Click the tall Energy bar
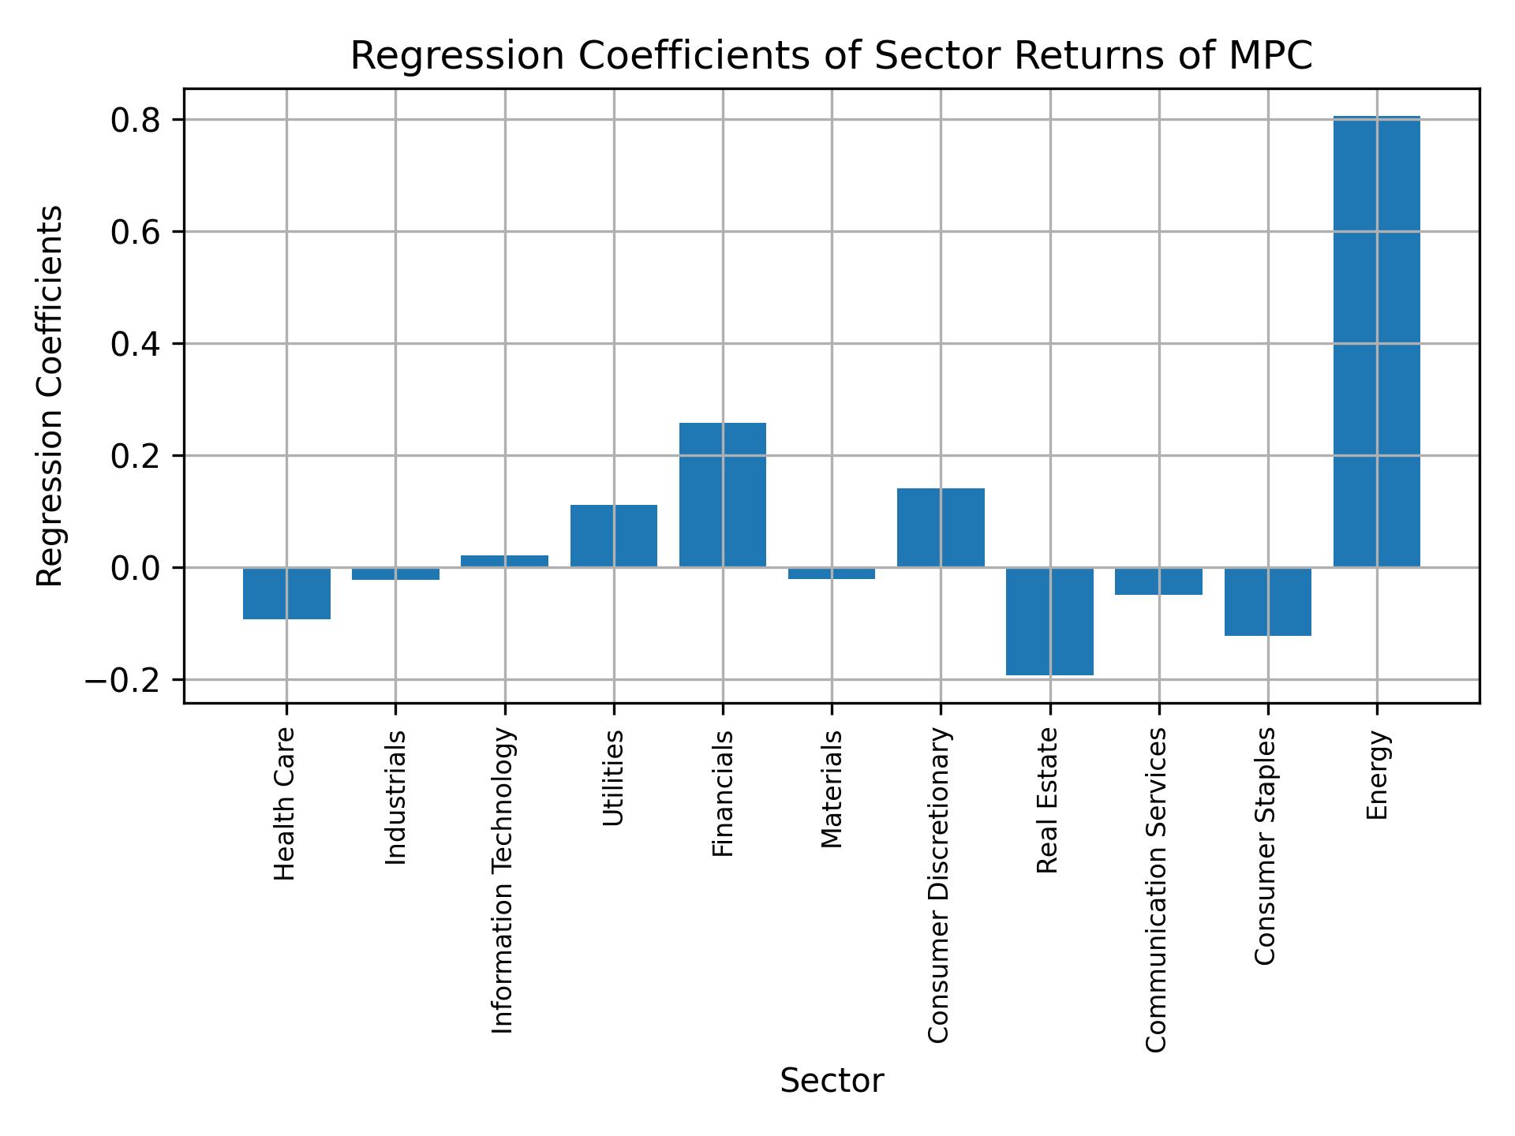[1376, 341]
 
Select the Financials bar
[722, 495]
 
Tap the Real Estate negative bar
[1049, 621]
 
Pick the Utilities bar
[613, 536]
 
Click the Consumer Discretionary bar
[941, 527]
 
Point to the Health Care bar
[286, 593]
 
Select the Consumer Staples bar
[1267, 601]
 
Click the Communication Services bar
[1158, 581]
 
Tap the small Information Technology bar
[504, 561]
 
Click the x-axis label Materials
[832, 789]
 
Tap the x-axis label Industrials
[395, 797]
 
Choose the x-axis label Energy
[1377, 775]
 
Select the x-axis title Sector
[832, 1081]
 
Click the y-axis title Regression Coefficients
[50, 396]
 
